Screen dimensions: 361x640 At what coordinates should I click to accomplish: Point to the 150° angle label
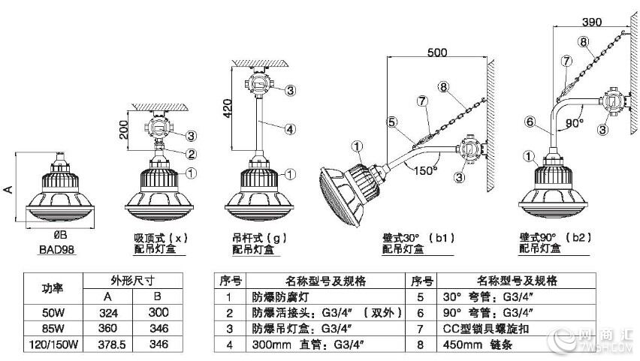pos(425,170)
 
